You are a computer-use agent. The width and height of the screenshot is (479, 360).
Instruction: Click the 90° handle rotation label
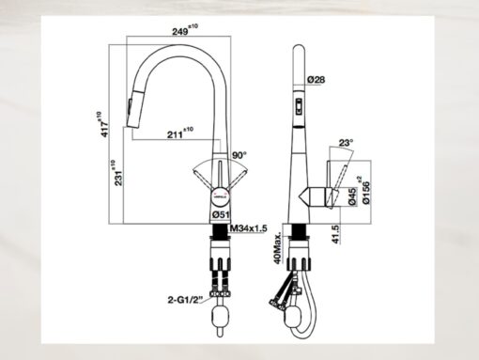pyautogui.click(x=239, y=155)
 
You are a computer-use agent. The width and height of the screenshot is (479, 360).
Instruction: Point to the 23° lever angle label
pyautogui.click(x=346, y=143)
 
